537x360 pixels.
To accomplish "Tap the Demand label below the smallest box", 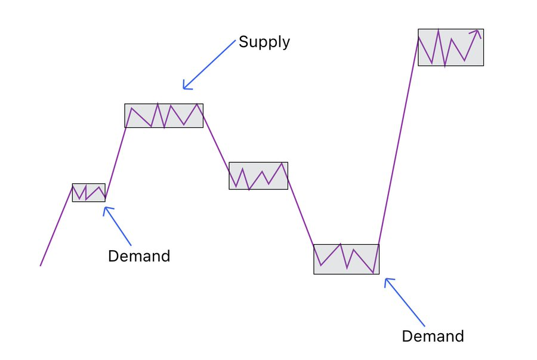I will coord(139,256).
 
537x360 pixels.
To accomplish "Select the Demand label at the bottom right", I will coord(433,336).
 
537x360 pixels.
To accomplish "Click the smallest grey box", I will coord(88,192).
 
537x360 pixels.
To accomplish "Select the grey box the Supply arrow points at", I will coord(163,115).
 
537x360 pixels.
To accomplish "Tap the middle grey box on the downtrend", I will coord(258,176).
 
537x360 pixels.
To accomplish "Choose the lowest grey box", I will coord(346,259).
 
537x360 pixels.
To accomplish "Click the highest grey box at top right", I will coord(450,47).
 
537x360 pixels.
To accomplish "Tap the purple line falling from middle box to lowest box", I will coord(301,216).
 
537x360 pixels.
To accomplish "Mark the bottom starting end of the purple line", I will coord(41,265).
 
